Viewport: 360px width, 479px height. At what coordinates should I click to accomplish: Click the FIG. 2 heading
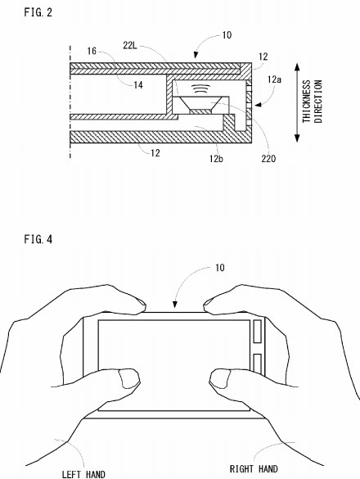(38, 12)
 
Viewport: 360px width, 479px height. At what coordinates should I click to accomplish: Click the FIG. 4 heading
(38, 239)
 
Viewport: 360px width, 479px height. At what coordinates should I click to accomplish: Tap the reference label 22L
(130, 45)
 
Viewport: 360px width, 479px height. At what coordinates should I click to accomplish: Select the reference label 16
(92, 51)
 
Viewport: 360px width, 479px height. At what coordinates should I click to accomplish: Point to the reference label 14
(138, 85)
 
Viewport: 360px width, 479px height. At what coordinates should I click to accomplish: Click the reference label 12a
(274, 79)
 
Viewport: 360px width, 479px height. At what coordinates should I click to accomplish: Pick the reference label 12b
(216, 159)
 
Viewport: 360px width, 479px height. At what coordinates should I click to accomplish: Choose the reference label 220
(268, 159)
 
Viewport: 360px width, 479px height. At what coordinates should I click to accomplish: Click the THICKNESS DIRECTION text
(313, 102)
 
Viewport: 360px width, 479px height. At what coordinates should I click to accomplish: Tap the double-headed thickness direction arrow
(297, 102)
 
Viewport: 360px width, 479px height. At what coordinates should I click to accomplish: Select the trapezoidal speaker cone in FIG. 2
(200, 103)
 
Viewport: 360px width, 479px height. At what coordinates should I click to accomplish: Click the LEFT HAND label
(83, 474)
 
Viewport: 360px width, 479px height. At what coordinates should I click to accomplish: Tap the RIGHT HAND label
(254, 469)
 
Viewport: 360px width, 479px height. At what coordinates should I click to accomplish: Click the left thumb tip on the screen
(129, 378)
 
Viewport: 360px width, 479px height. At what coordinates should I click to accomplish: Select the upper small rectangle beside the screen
(258, 331)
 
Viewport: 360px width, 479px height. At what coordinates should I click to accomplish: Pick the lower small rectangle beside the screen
(258, 364)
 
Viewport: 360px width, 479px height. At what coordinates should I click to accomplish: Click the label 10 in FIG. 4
(220, 268)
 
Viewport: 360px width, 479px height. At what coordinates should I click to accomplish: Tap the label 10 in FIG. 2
(227, 35)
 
